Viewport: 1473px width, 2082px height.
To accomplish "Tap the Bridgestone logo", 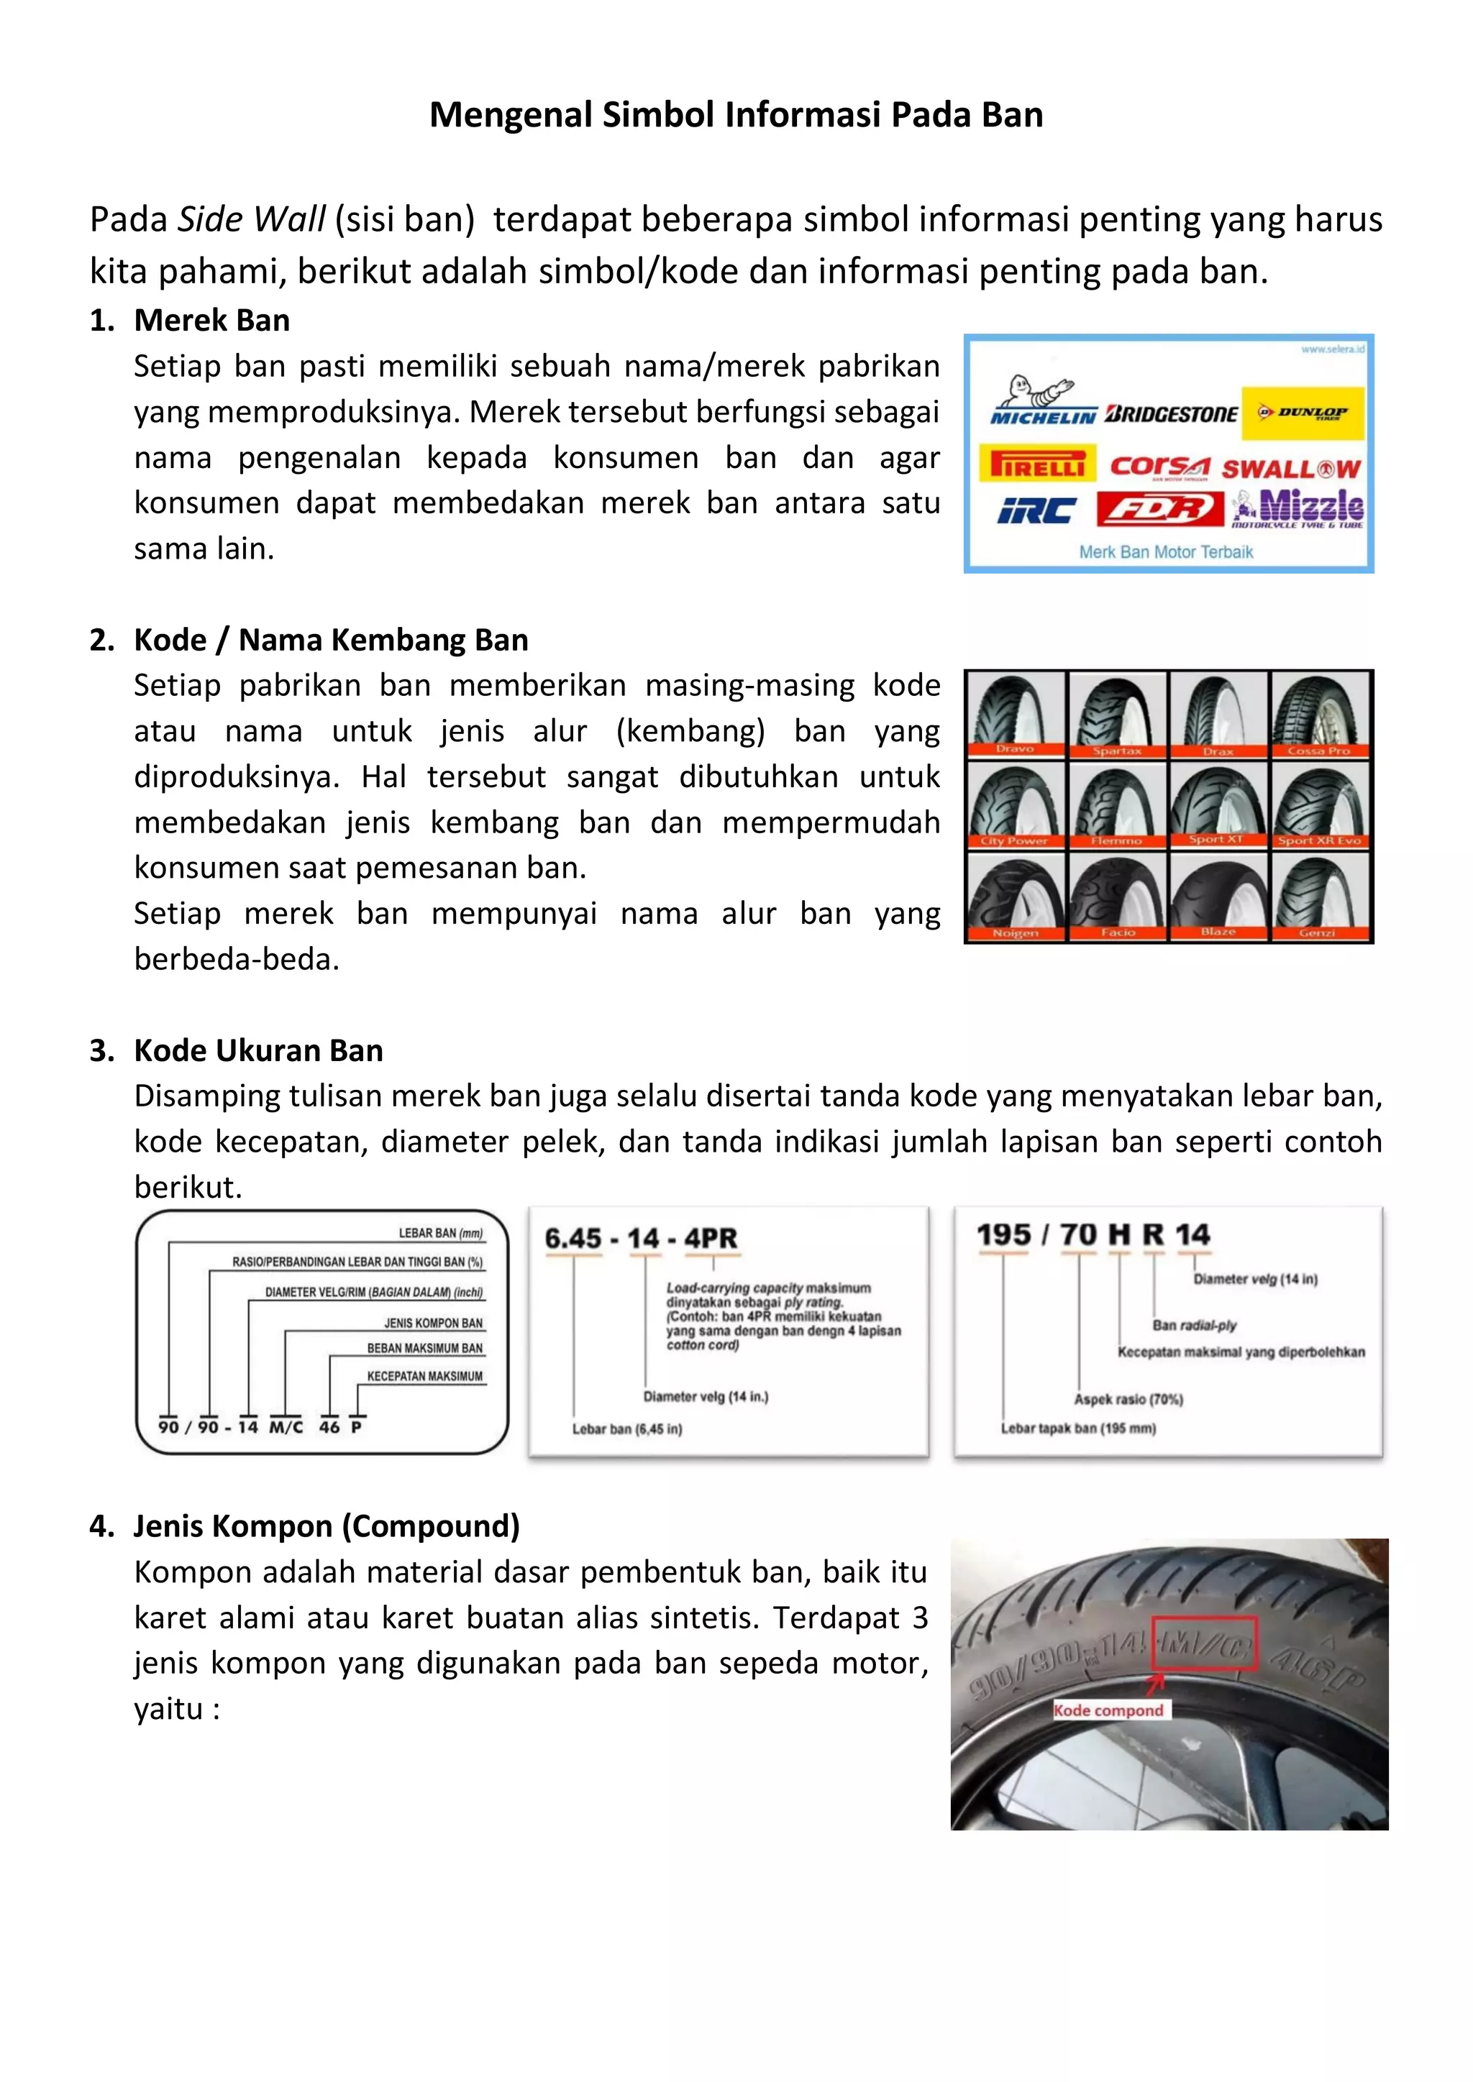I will coord(1171,414).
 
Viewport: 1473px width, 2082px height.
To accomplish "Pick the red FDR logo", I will coord(1159,509).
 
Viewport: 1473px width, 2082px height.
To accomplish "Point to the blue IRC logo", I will coord(1036,511).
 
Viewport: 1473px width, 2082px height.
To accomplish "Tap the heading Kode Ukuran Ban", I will coord(257,1050).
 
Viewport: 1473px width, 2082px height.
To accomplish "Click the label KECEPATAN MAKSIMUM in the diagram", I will coord(424,1375).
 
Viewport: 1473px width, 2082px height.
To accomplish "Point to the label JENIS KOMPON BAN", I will coord(433,1323).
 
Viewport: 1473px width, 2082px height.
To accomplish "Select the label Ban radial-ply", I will coord(1194,1325).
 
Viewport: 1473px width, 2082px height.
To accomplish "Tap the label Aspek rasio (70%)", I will coord(1128,1399).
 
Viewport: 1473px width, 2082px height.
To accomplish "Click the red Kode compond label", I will coord(1108,1710).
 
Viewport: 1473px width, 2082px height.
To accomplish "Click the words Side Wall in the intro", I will coord(251,219).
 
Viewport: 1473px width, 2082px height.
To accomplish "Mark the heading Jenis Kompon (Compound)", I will coord(327,1526).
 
